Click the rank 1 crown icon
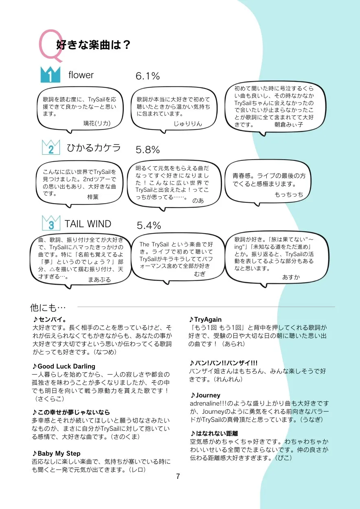click(x=50, y=75)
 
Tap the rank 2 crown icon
click(x=51, y=147)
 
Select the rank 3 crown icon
click(x=51, y=223)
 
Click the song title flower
click(x=81, y=75)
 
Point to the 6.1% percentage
click(x=147, y=76)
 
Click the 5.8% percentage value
click(x=147, y=150)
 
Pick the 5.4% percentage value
click(x=149, y=225)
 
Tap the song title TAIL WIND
click(x=88, y=224)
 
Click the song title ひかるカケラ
click(x=94, y=148)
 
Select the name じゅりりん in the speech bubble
click(x=188, y=123)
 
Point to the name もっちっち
click(x=289, y=195)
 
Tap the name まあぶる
click(x=99, y=280)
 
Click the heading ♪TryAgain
click(x=205, y=320)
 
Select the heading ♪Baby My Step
click(x=56, y=453)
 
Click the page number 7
click(x=178, y=476)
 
